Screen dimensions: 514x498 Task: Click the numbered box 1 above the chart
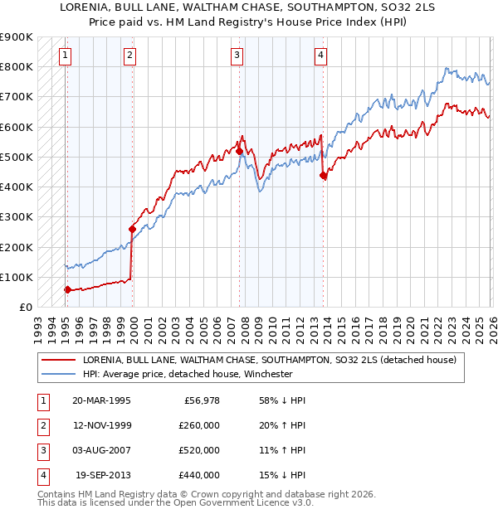[x=65, y=56]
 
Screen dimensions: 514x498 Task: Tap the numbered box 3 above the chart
[x=237, y=56]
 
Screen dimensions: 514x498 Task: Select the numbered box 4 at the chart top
[x=320, y=56]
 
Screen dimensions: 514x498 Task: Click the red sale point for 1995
[x=68, y=289]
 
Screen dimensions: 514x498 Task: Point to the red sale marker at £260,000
[x=132, y=229]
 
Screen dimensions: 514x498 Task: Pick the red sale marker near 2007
[x=239, y=151]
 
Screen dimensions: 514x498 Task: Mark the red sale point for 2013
[x=323, y=175]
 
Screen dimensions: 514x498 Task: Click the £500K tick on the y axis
[x=17, y=157]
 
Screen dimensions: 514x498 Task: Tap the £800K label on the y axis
[x=17, y=66]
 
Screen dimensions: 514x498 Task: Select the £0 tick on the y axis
[x=25, y=307]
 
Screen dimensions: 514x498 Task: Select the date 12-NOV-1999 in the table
[x=101, y=425]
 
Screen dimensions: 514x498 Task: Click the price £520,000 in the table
[x=199, y=450]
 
